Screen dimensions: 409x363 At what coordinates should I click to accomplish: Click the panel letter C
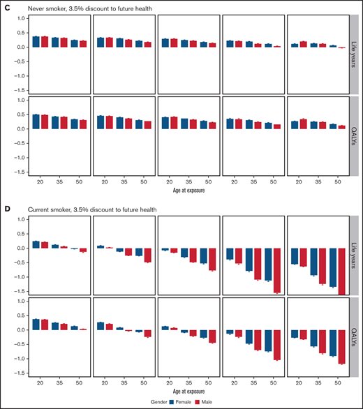click(x=5, y=6)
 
